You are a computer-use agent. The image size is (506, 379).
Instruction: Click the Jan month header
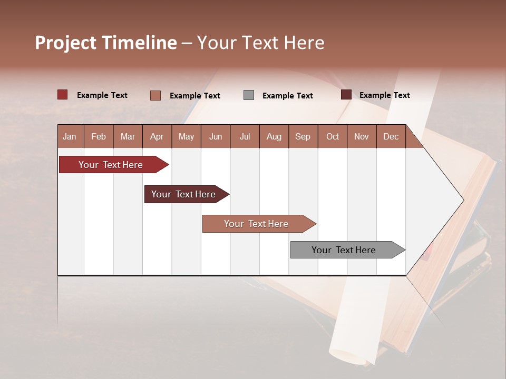[x=70, y=137]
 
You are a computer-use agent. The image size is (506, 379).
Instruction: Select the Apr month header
[x=157, y=137]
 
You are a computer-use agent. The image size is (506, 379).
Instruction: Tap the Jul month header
[x=245, y=137]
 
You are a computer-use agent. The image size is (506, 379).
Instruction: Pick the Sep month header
[x=303, y=137]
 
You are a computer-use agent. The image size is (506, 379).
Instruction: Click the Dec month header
[x=391, y=137]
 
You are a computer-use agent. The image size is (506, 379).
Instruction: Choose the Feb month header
[x=99, y=137]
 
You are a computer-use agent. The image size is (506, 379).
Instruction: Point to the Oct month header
[x=333, y=137]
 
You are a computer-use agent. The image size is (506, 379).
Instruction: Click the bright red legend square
[x=62, y=95]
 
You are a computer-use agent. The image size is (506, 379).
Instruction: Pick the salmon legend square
[x=155, y=95]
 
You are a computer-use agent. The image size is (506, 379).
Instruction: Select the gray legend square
[x=249, y=95]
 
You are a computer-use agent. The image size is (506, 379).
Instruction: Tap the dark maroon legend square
[x=346, y=95]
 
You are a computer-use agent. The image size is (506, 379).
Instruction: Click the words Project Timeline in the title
[x=105, y=43]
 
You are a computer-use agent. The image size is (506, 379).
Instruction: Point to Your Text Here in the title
[x=260, y=43]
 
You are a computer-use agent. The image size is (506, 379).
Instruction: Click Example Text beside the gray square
[x=287, y=96]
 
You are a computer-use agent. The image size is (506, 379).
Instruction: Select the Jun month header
[x=216, y=137]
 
